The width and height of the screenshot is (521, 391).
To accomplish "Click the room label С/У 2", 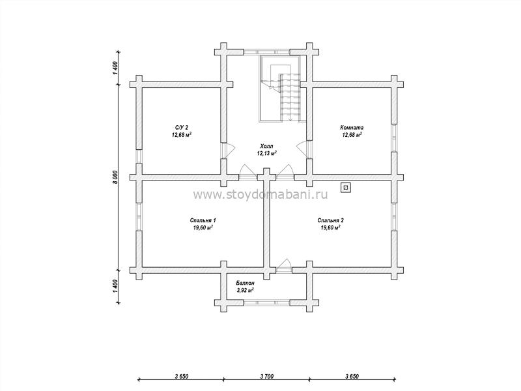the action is pos(182,127).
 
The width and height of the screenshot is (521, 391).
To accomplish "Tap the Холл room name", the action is pos(266,146).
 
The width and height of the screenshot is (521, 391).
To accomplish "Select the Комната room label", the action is pos(352,127).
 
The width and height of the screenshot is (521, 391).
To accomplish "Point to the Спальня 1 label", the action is pos(203,220).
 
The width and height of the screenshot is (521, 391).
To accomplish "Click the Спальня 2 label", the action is pos(330,220).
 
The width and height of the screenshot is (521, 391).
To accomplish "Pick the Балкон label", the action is pos(246,283).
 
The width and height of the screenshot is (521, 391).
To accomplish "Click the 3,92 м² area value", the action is pos(246,290).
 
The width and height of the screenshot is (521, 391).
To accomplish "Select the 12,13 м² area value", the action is pos(266,153).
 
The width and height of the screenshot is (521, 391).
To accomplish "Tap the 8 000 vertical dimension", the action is pos(115,177).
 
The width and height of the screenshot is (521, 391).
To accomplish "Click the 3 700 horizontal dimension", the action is pos(266,377).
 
